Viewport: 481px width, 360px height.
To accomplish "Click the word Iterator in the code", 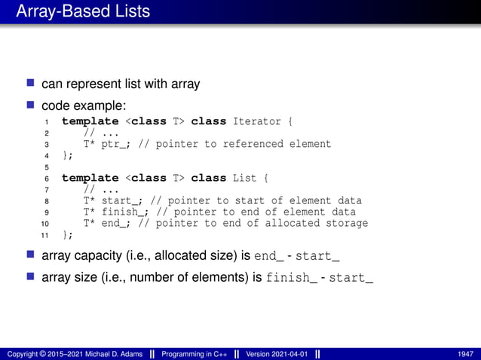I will click(x=258, y=121).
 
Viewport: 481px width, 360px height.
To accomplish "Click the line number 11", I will click(x=45, y=234).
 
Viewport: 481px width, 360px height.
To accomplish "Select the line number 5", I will click(x=47, y=166).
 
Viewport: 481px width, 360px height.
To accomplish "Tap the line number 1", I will click(x=47, y=121).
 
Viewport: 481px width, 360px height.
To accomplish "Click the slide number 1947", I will click(x=465, y=354).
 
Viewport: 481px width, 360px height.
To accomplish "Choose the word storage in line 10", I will click(x=343, y=223).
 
